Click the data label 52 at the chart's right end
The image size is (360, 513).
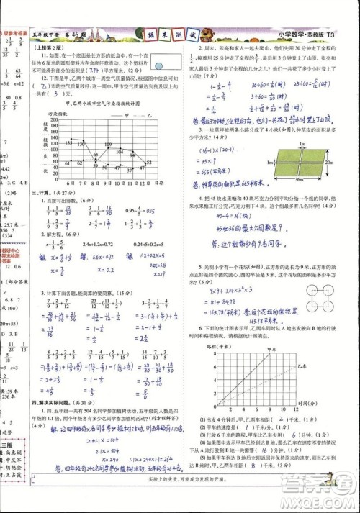coord(149,162)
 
